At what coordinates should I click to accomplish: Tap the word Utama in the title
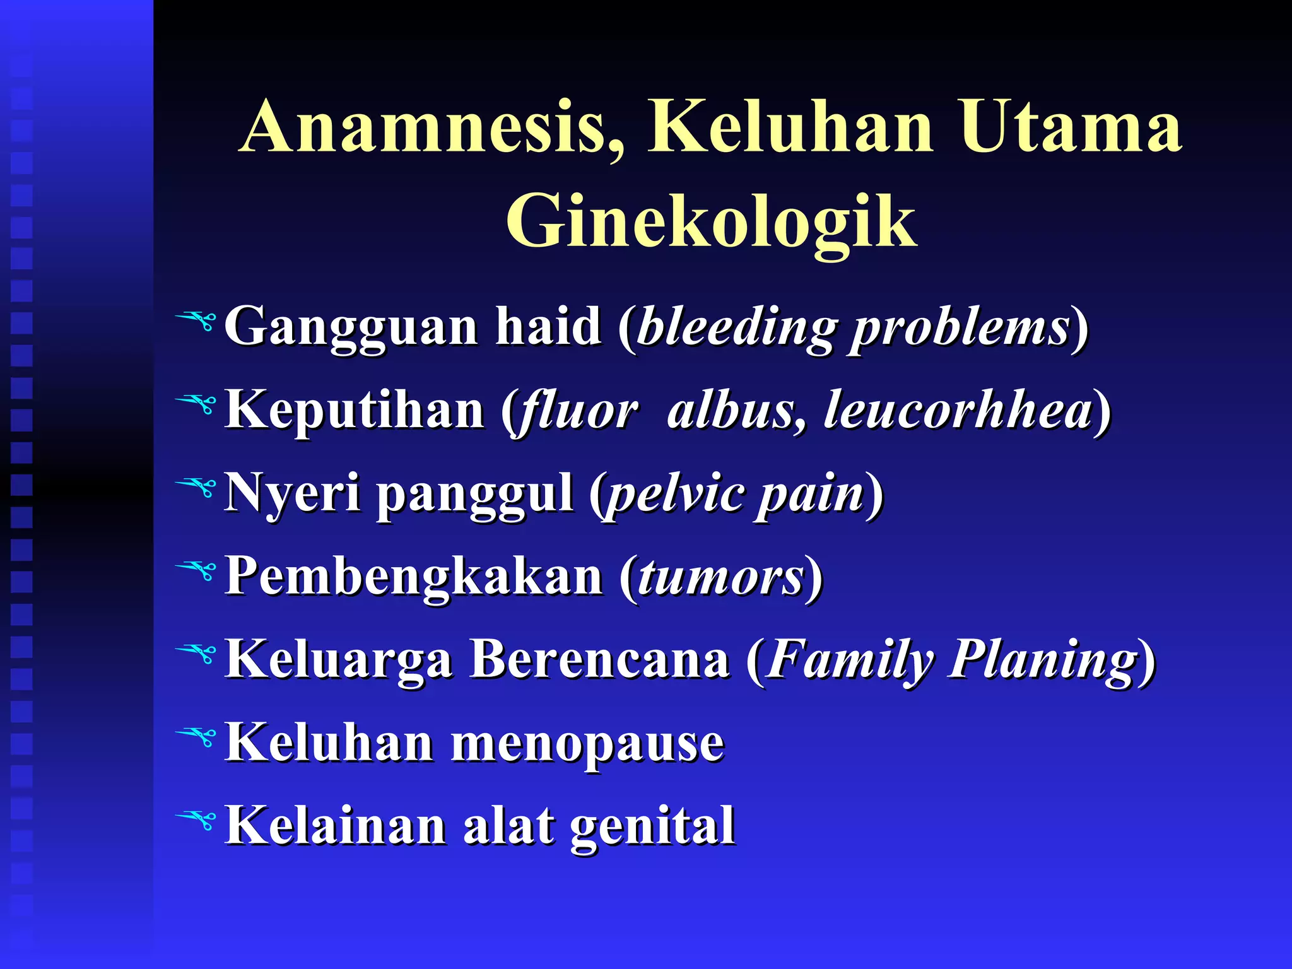[1070, 127]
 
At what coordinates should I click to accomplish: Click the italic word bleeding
[737, 328]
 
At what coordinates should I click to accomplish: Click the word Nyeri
[293, 493]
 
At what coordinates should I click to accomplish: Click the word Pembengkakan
[414, 577]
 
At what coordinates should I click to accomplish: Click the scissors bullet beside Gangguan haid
[197, 322]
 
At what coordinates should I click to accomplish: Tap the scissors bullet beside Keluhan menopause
[197, 737]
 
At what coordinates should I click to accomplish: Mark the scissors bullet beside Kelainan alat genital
[197, 820]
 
